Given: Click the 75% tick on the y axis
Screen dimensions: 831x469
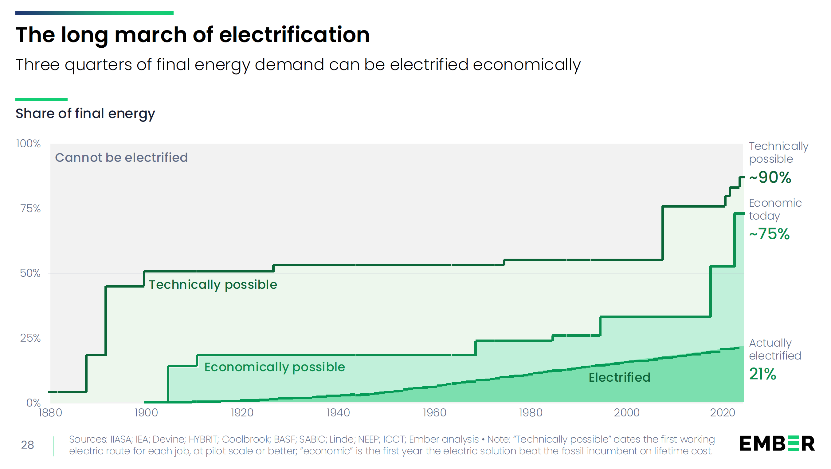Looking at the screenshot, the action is point(31,209).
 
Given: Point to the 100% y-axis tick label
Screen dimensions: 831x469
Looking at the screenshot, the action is point(28,144).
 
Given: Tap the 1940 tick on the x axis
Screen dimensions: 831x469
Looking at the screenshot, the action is point(338,412).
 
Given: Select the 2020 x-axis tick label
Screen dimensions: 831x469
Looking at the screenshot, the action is point(723,412).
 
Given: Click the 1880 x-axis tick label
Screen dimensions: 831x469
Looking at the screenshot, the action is point(50,412).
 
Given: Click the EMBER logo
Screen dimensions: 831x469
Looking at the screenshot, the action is point(777,443).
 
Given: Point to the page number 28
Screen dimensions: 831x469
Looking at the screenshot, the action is point(27,445).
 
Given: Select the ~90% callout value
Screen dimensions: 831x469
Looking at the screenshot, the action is point(770,177).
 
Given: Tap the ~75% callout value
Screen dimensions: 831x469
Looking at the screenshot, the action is point(769,234).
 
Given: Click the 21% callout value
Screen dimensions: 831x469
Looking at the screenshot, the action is point(762,374).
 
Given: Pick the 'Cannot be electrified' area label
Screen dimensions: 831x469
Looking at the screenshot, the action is point(121,158).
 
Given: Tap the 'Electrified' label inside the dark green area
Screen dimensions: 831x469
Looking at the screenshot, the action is point(619,377).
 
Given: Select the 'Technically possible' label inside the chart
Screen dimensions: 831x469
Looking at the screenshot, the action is point(213,285).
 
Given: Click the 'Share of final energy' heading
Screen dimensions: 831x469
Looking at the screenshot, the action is point(85,114).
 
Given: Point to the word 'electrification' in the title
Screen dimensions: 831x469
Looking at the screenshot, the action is point(294,35).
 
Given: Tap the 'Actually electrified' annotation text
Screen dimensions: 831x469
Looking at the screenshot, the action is point(775,349).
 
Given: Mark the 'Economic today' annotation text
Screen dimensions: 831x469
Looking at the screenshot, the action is point(775,209).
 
